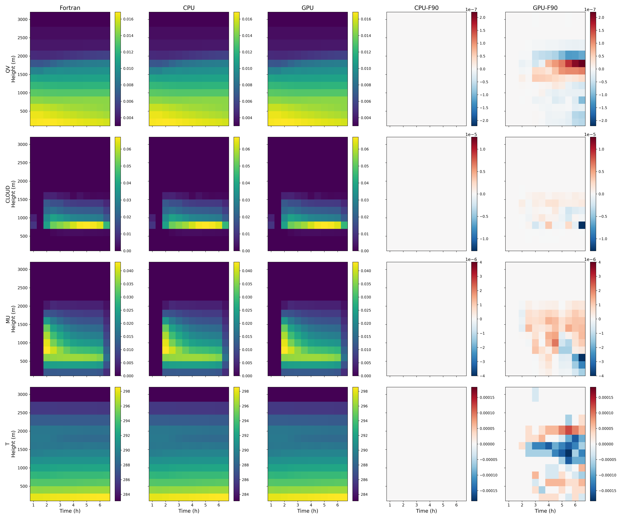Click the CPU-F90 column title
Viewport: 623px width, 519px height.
point(426,8)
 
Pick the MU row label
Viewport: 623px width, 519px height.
point(8,319)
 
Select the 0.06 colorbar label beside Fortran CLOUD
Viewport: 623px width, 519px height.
point(127,149)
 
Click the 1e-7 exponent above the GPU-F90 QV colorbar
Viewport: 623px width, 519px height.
point(590,10)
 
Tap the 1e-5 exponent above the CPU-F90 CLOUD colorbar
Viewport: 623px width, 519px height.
point(471,135)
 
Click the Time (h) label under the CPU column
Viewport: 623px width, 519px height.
point(189,511)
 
